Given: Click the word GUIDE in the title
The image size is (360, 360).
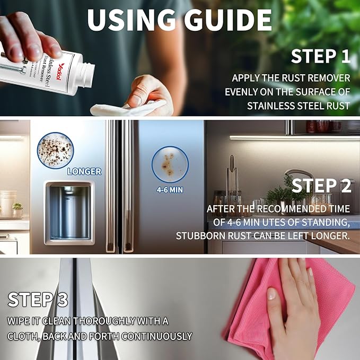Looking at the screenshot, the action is pos(227,20).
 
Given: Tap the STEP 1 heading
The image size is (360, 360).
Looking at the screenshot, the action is pos(321,56).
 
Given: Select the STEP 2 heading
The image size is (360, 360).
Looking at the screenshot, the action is pos(321,186).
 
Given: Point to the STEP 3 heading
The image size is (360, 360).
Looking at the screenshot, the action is pos(38,300).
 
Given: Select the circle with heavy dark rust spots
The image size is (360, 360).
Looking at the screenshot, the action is pos(55,150).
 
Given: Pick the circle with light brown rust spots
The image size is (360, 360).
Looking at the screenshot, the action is pos(170,164).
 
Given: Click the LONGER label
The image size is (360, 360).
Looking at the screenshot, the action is pos(84,171).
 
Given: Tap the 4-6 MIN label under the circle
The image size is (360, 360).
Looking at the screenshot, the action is pos(170,190).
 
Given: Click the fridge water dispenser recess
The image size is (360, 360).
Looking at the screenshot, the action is pos(69,213).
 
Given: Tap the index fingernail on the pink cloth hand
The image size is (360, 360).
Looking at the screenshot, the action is pos(271,294).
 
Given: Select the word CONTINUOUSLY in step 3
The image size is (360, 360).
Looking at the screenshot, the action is pos(156,336).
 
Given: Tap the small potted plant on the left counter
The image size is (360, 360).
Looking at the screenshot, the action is pos(17,209).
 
